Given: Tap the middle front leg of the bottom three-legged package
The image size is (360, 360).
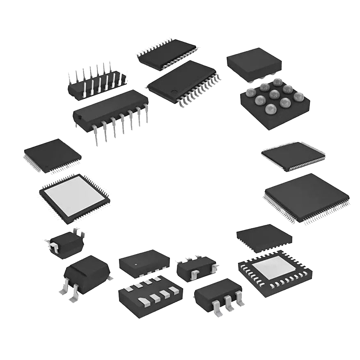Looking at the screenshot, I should coord(229,306).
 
